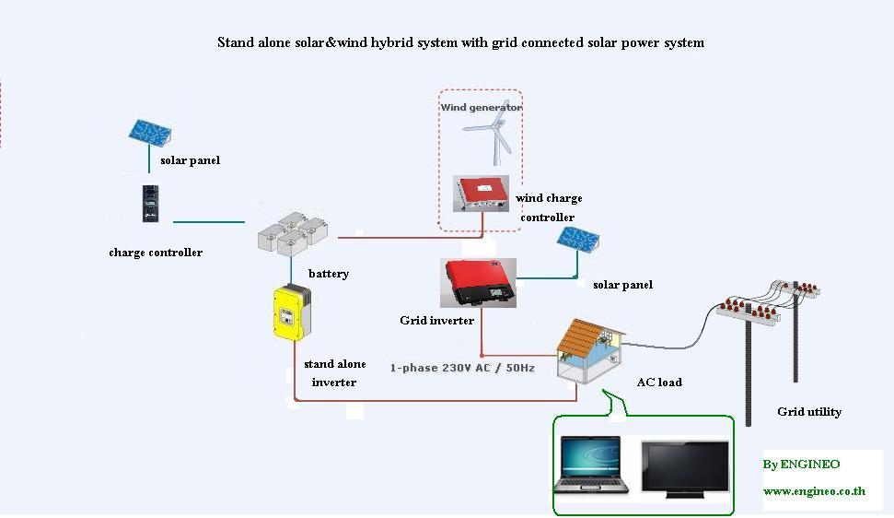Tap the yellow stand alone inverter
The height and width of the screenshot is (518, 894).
pyautogui.click(x=293, y=312)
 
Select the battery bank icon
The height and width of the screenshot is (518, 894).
pyautogui.click(x=293, y=233)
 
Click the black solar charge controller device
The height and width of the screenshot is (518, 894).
pyautogui.click(x=150, y=204)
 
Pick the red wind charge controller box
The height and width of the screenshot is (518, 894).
pyautogui.click(x=481, y=194)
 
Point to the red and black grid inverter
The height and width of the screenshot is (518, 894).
pyautogui.click(x=479, y=283)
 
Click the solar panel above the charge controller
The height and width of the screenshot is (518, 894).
pyautogui.click(x=149, y=133)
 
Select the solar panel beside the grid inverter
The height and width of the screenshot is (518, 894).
pyautogui.click(x=578, y=239)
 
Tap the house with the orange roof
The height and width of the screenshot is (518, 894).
pyautogui.click(x=590, y=350)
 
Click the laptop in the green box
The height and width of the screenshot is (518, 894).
pyautogui.click(x=591, y=465)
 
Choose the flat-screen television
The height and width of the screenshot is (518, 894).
pyautogui.click(x=685, y=469)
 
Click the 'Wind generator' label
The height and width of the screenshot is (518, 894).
pyautogui.click(x=482, y=107)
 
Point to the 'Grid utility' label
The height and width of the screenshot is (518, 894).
pyautogui.click(x=809, y=412)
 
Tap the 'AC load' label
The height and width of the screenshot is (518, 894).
pyautogui.click(x=659, y=383)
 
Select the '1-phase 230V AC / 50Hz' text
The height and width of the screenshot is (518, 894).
pyautogui.click(x=462, y=368)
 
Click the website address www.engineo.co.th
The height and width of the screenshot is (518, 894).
pyautogui.click(x=814, y=491)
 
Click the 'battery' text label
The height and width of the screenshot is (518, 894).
pyautogui.click(x=329, y=274)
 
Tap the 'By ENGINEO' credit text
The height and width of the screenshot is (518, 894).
pyautogui.click(x=801, y=465)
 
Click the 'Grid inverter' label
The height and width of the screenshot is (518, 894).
pyautogui.click(x=436, y=321)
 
